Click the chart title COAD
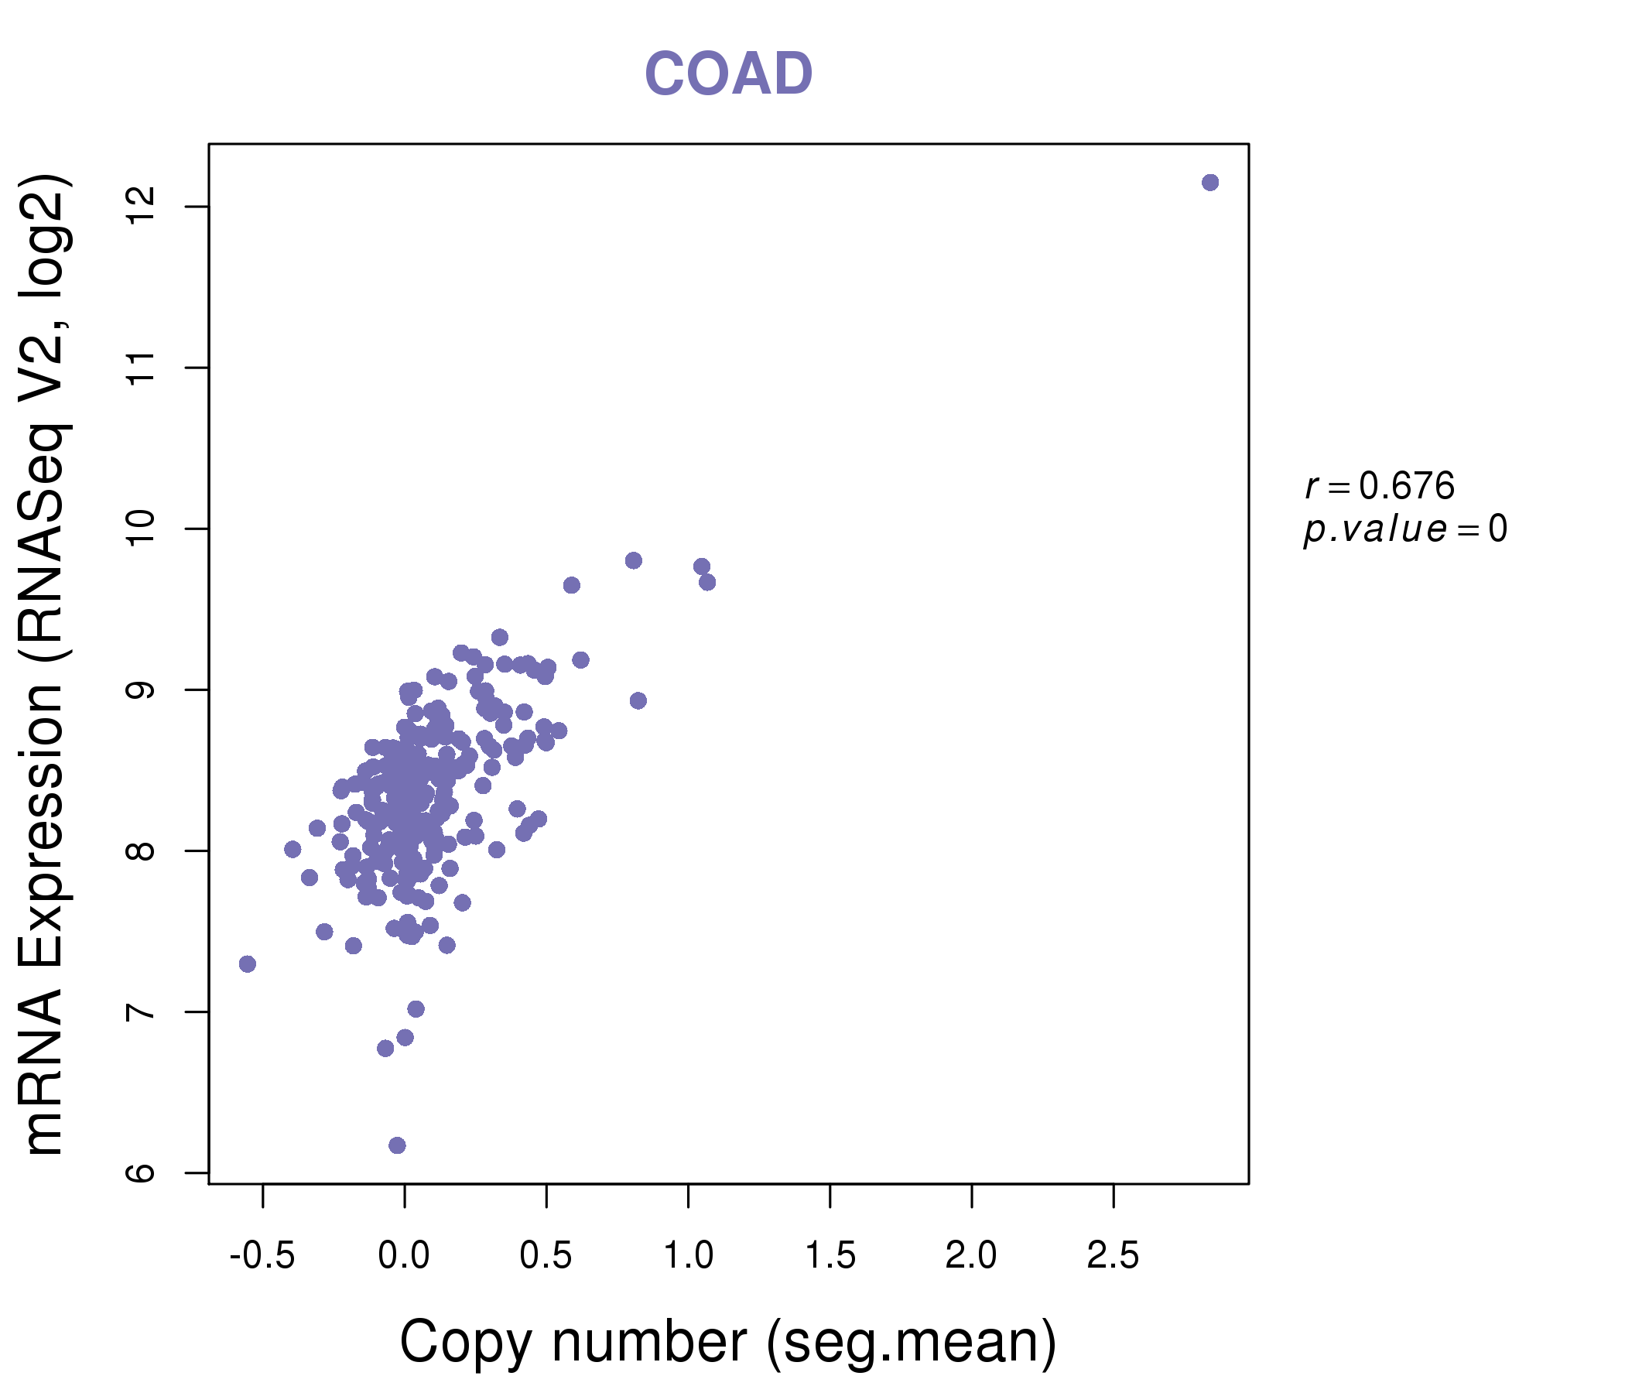point(728,74)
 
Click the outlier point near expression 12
point(1209,183)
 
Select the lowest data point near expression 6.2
point(397,1145)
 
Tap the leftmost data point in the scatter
point(247,964)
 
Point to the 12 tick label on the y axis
point(142,207)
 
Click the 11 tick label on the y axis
point(142,368)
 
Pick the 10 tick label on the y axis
point(142,529)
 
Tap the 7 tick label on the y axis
point(142,1011)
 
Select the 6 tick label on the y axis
point(142,1172)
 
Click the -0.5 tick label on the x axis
point(262,1256)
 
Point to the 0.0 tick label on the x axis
point(404,1256)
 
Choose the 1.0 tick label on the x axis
point(688,1256)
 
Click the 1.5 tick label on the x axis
point(830,1256)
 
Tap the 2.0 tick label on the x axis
point(971,1256)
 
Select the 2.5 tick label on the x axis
point(1113,1256)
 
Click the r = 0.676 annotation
point(1380,486)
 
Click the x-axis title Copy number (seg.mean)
point(728,1341)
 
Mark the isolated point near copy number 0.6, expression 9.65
point(571,585)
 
